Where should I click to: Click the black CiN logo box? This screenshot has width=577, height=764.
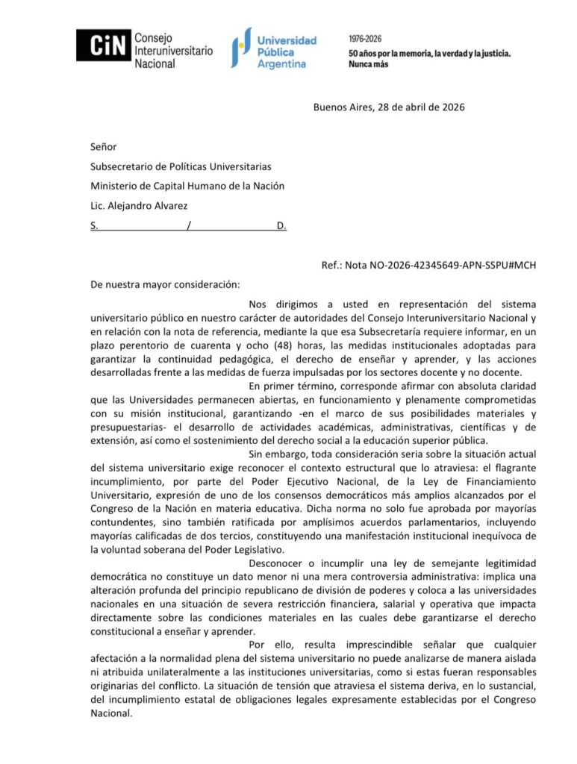[x=102, y=46]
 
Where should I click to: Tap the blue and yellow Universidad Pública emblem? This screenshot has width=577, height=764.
[x=239, y=46]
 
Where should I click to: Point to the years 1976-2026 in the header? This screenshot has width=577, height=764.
[x=366, y=38]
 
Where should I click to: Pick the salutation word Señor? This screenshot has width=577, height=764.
[x=104, y=147]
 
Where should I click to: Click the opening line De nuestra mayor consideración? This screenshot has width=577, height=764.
[x=165, y=284]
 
